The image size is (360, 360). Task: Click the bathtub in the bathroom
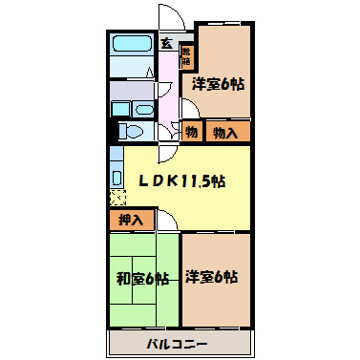pos(132,45)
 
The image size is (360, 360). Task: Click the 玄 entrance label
pos(167,44)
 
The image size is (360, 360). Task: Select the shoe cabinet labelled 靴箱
pos(187,58)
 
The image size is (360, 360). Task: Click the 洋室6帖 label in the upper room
pos(219,84)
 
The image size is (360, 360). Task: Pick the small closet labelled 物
pos(191,132)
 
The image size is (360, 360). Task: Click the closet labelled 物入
pos(226,132)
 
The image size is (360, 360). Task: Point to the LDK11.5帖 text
pos(181,180)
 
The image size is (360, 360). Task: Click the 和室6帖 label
pos(144,280)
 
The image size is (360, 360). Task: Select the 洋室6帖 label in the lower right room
pos(213,277)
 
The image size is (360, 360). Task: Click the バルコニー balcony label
pos(177,342)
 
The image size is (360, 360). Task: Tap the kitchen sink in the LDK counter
pos(116,176)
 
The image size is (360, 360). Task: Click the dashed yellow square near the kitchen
pos(116,199)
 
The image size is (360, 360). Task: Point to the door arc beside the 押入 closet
pos(165,222)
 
